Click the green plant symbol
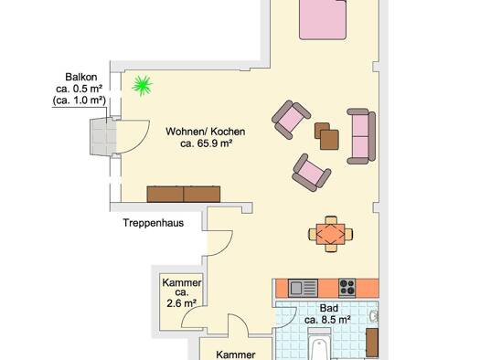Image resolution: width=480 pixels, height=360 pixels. point(142,86)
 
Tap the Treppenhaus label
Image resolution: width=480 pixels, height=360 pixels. point(154,223)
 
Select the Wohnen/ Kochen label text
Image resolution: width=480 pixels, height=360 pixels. point(206,132)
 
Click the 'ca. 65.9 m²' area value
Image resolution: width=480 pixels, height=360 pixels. point(206,143)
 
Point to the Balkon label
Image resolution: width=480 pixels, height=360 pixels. point(81,77)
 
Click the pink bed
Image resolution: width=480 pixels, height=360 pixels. point(323,19)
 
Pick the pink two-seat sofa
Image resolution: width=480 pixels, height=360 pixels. point(361,136)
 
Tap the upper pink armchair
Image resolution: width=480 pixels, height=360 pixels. point(291,120)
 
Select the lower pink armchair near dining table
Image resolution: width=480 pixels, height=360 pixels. point(312,173)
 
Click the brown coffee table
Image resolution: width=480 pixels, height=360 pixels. point(327,136)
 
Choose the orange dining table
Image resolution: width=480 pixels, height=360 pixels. point(331,234)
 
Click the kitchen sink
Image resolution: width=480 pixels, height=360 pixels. point(303,288)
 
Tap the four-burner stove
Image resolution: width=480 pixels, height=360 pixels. point(347,288)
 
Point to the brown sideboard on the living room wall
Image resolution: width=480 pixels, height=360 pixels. point(184,195)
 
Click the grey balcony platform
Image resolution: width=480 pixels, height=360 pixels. point(103,136)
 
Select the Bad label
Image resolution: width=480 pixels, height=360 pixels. point(329,308)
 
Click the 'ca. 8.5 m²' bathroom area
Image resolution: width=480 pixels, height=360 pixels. point(327,320)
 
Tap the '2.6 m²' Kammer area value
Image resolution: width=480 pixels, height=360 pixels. point(182,303)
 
